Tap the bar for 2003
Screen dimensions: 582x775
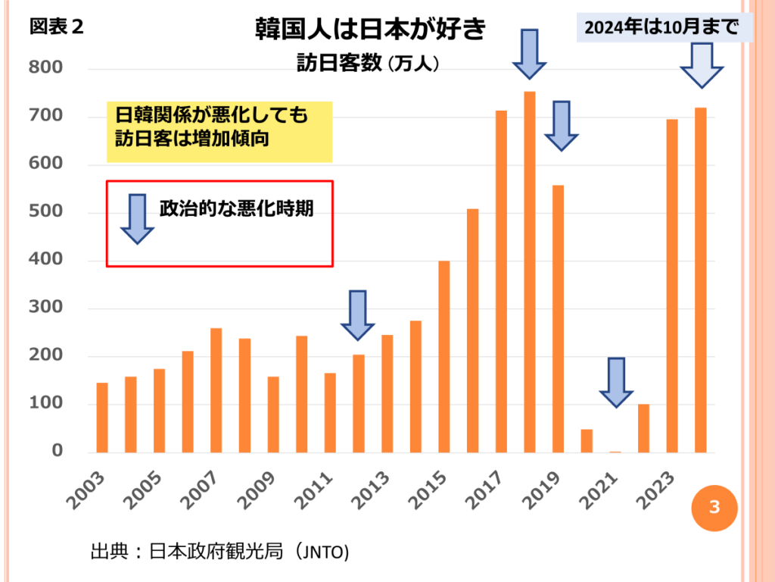pyautogui.click(x=102, y=418)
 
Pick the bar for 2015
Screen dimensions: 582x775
pyautogui.click(x=444, y=356)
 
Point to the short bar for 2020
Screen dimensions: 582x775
pyautogui.click(x=587, y=441)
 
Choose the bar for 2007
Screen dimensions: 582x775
pyautogui.click(x=216, y=390)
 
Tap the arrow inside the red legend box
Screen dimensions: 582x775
pyautogui.click(x=137, y=218)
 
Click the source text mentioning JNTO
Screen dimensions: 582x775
pyautogui.click(x=219, y=552)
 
